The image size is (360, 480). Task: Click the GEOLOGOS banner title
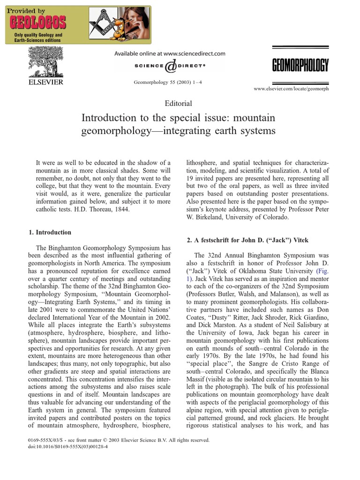pos(37,22)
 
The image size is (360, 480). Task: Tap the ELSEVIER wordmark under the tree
pos(45,82)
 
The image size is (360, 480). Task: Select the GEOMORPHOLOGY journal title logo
pos(300,65)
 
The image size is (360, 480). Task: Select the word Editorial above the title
pos(179,103)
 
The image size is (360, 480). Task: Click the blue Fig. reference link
pos(322,271)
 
